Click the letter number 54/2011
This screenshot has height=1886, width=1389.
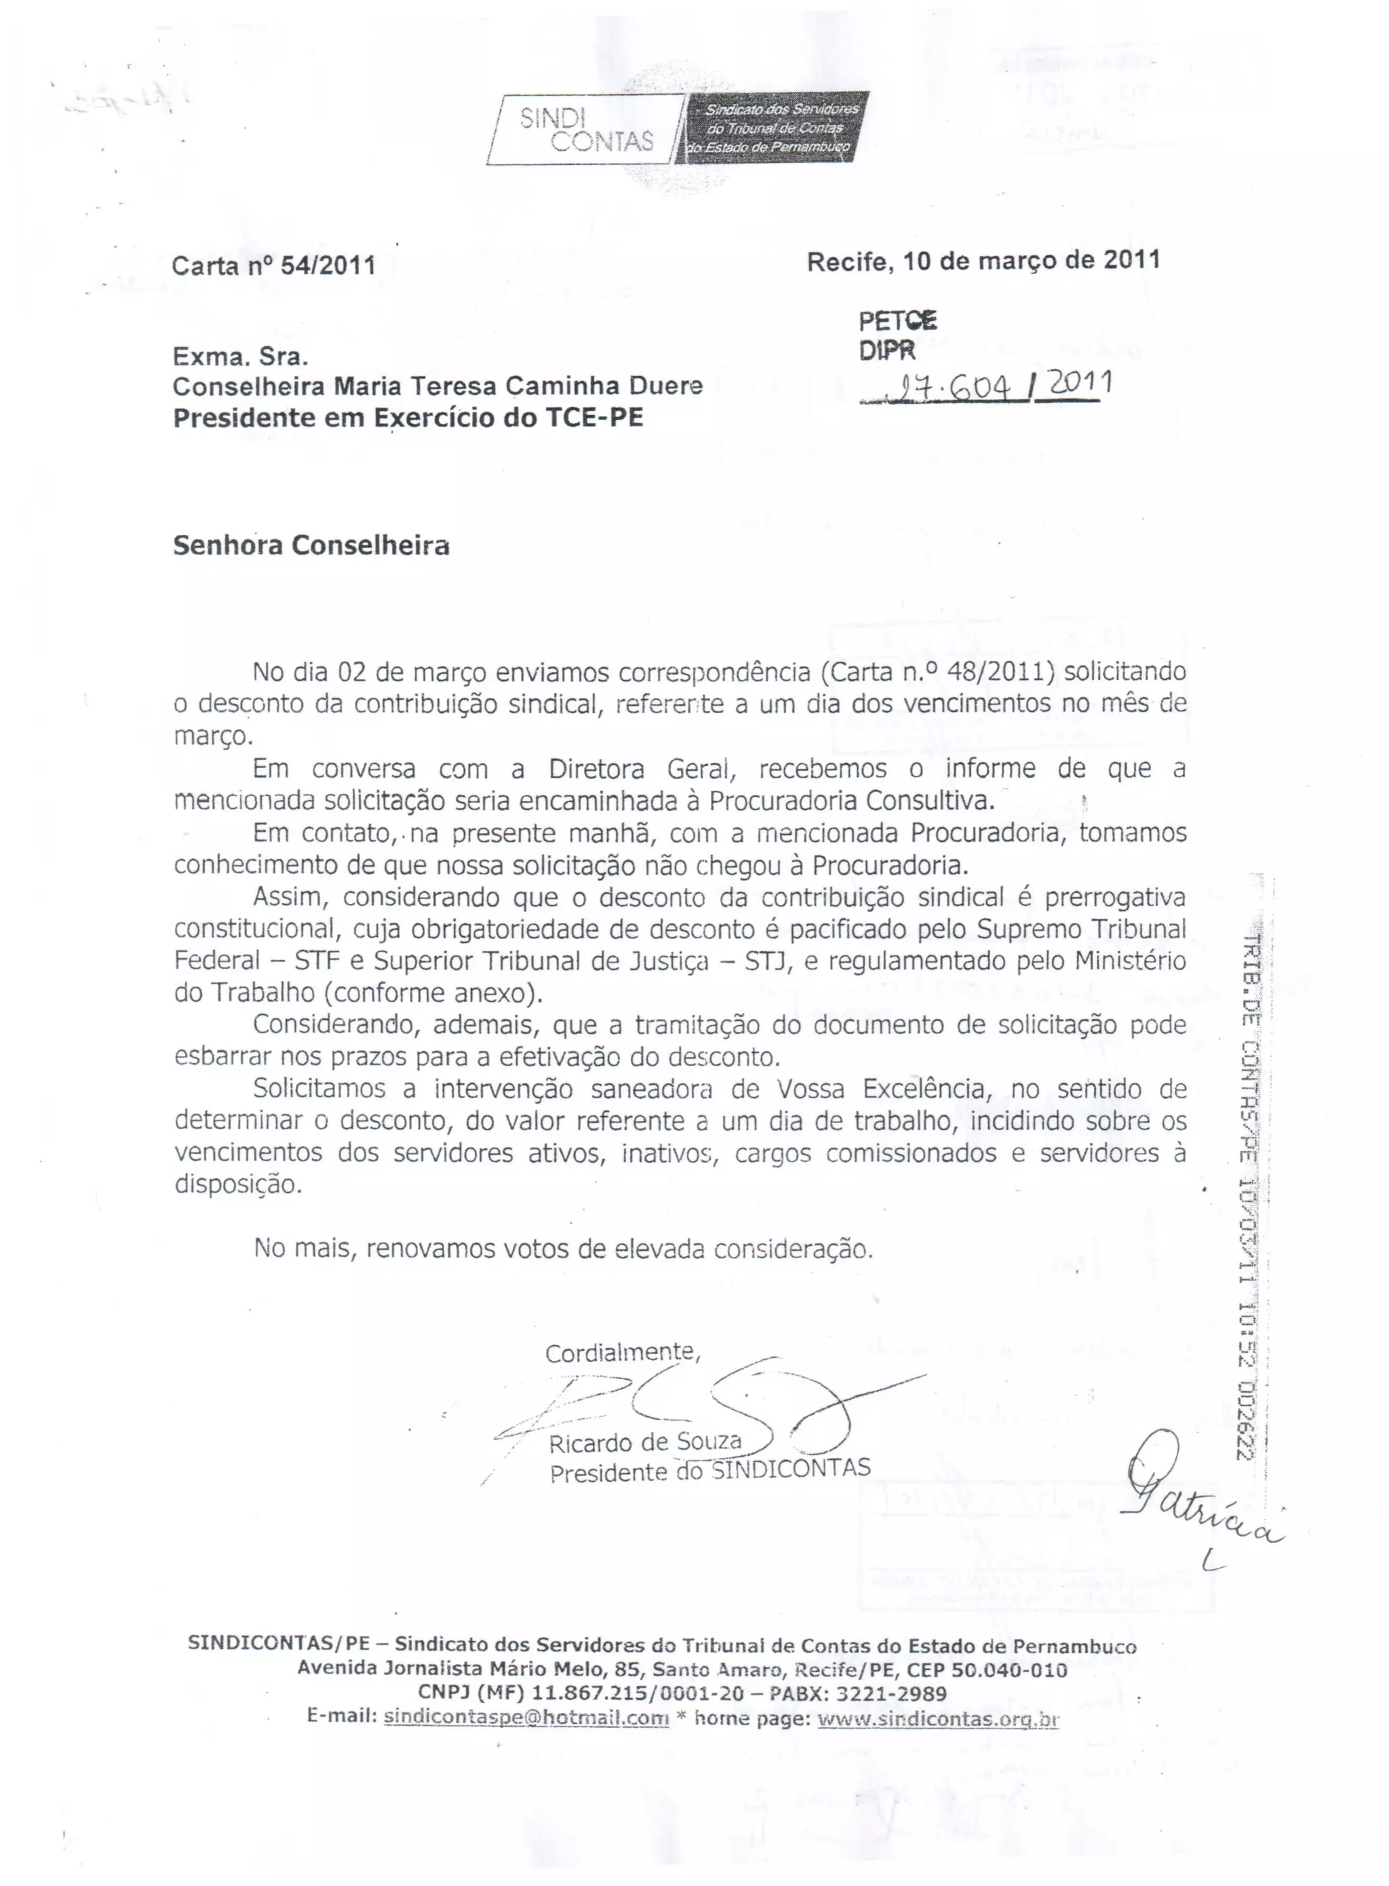pyautogui.click(x=327, y=266)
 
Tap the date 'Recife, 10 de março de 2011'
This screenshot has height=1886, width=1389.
pyautogui.click(x=983, y=261)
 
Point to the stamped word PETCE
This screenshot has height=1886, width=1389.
pyautogui.click(x=898, y=320)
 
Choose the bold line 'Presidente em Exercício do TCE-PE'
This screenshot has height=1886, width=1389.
pyautogui.click(x=408, y=418)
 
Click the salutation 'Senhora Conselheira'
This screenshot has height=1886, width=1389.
pyautogui.click(x=311, y=546)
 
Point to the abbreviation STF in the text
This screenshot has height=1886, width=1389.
pyautogui.click(x=316, y=961)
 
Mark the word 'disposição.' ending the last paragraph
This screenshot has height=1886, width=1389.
pyautogui.click(x=238, y=1184)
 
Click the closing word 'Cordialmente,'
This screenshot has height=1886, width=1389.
pyautogui.click(x=622, y=1353)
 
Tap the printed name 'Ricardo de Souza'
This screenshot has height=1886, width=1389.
pyautogui.click(x=645, y=1444)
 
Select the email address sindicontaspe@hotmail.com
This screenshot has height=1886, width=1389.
pyautogui.click(x=526, y=1718)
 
